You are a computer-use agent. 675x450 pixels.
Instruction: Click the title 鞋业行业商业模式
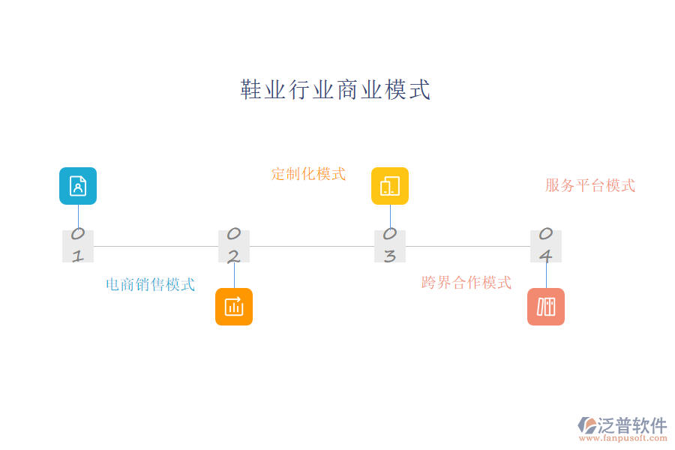[x=336, y=90]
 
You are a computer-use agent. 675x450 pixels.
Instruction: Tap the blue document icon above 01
[x=78, y=186]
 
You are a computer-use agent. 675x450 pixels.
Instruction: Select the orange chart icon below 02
[x=234, y=307]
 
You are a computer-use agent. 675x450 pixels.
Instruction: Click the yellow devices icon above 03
[x=390, y=186]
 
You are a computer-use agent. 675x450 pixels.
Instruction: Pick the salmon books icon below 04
[x=546, y=307]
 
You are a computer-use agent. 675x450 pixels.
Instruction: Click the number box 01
[x=78, y=246]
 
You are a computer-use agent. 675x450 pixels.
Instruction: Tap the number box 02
[x=234, y=246]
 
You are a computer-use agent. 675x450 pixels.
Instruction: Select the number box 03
[x=390, y=246]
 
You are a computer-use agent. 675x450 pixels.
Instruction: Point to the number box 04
[x=546, y=246]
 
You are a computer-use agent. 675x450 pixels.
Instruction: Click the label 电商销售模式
[x=150, y=284]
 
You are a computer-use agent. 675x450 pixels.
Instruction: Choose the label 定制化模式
[x=308, y=174]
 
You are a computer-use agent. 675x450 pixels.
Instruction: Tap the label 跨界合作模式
[x=466, y=283]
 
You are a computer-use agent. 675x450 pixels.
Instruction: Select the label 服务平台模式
[x=590, y=185]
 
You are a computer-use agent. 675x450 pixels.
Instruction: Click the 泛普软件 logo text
[x=632, y=425]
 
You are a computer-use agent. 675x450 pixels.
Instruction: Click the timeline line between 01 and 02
[x=156, y=246]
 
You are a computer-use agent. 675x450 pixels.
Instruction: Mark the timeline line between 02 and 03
[x=312, y=246]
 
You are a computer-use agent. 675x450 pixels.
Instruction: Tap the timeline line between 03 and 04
[x=468, y=246]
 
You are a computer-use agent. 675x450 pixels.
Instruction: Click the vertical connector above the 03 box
[x=390, y=217]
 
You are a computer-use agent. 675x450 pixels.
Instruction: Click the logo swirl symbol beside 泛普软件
[x=587, y=425]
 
